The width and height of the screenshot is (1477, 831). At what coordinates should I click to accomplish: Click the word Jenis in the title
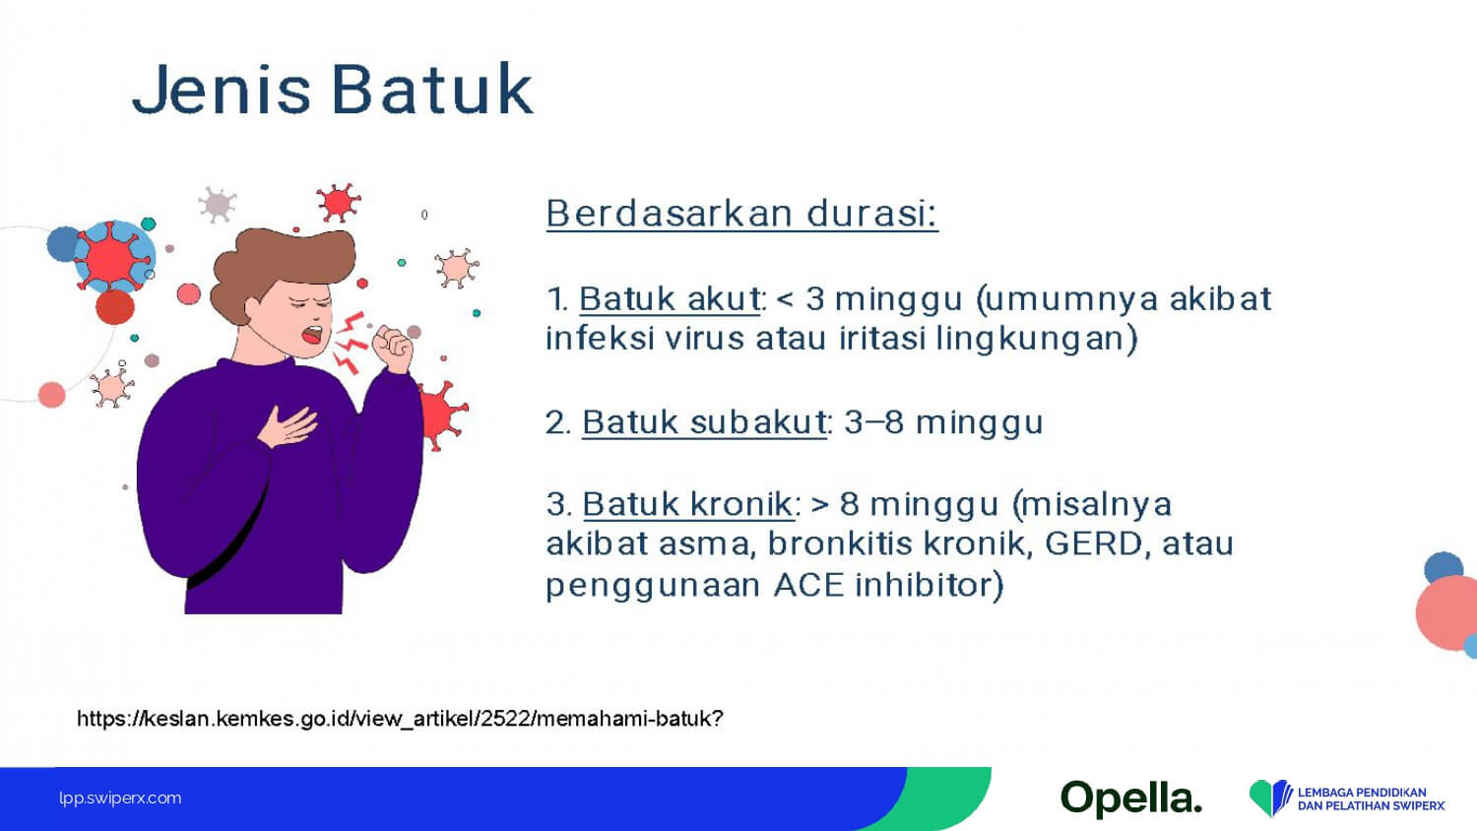pyautogui.click(x=221, y=91)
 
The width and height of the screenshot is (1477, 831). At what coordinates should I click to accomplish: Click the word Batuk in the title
pyautogui.click(x=432, y=89)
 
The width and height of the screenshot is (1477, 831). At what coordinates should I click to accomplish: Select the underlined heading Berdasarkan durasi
pyautogui.click(x=741, y=214)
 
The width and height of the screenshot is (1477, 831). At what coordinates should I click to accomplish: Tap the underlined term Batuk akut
pyautogui.click(x=670, y=298)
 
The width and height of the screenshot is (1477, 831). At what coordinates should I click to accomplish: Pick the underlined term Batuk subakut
pyautogui.click(x=704, y=422)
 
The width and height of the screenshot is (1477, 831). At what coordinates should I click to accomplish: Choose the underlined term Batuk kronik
pyautogui.click(x=688, y=504)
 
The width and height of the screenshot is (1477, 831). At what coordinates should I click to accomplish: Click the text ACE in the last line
pyautogui.click(x=808, y=585)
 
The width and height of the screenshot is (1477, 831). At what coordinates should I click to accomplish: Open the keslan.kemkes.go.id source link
pyautogui.click(x=400, y=718)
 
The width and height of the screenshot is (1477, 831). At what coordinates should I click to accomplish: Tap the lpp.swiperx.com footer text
pyautogui.click(x=120, y=799)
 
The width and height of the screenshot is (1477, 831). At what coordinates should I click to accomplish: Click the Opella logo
pyautogui.click(x=1131, y=799)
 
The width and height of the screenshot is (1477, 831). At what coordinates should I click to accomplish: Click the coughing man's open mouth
pyautogui.click(x=312, y=335)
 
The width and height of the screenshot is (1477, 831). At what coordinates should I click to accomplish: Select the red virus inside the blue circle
pyautogui.click(x=110, y=256)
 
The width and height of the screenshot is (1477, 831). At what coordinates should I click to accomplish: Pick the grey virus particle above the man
pyautogui.click(x=217, y=205)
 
